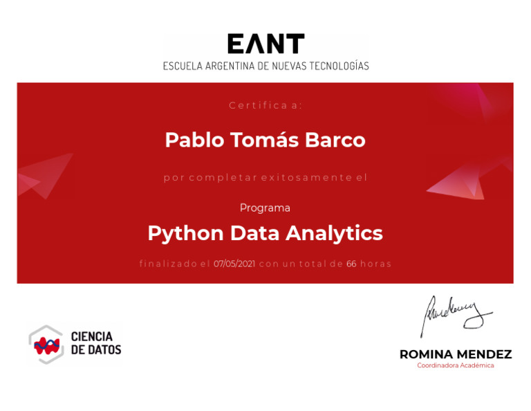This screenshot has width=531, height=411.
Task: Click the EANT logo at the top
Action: click(x=265, y=44)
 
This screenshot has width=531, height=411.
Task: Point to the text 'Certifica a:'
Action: click(x=265, y=105)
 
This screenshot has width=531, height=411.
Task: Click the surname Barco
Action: click(x=335, y=140)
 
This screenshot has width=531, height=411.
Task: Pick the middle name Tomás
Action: click(x=265, y=140)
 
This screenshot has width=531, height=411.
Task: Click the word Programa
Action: click(x=265, y=208)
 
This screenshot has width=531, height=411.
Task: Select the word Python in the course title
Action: click(x=185, y=234)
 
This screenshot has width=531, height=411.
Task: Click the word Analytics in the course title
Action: click(x=334, y=234)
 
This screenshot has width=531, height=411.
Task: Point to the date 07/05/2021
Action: click(x=234, y=264)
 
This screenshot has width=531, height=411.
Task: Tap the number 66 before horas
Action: click(x=351, y=264)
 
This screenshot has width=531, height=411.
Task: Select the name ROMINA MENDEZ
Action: click(x=456, y=354)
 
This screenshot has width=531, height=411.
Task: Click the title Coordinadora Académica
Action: click(x=456, y=365)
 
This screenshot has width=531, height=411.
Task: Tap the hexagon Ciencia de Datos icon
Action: click(x=46, y=345)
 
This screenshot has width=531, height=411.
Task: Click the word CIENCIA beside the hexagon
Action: click(x=92, y=336)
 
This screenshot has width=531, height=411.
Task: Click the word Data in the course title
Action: click(x=254, y=233)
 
